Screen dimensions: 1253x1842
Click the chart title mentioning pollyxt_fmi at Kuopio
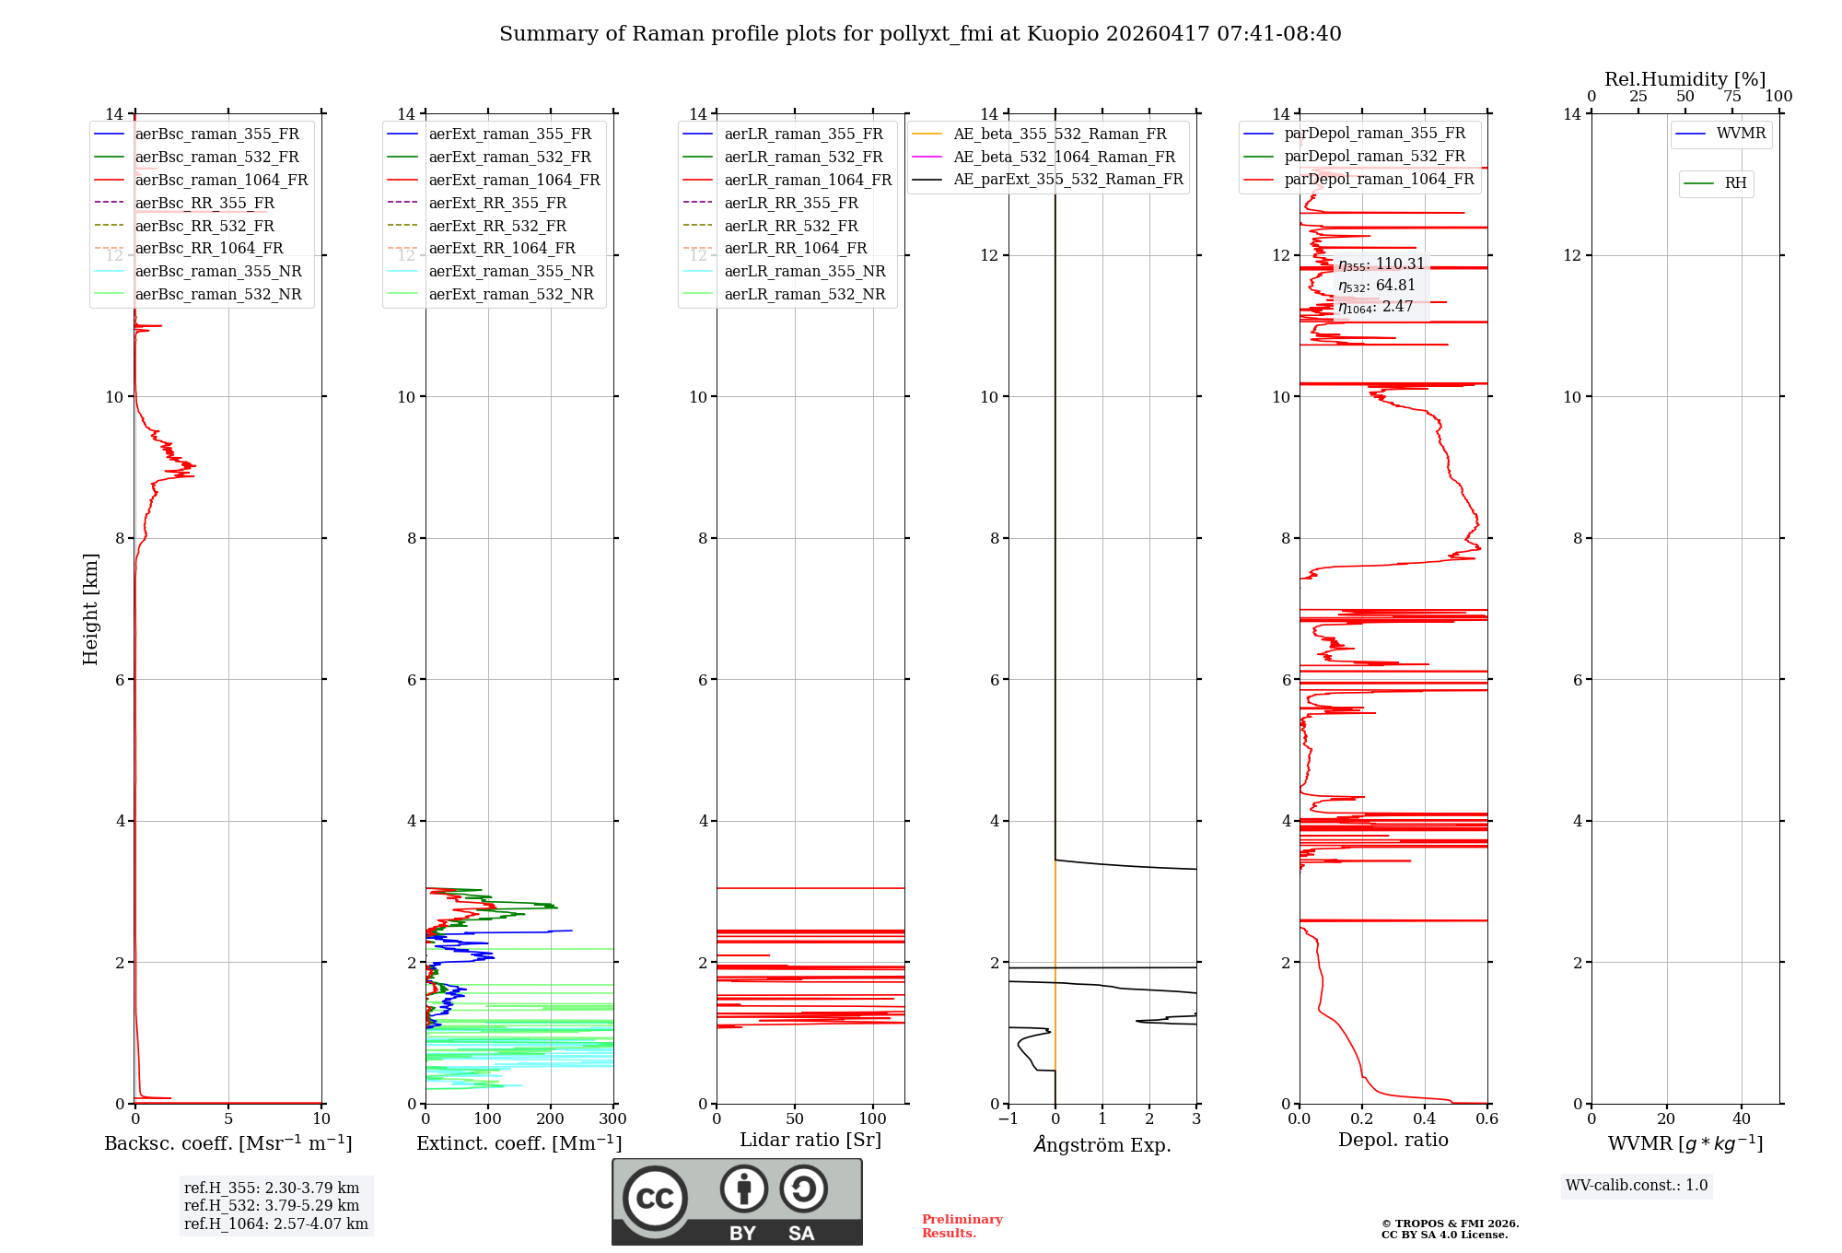pos(920,34)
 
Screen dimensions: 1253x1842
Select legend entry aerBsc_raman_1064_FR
pos(221,180)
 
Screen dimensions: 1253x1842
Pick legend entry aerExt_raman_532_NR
pos(511,294)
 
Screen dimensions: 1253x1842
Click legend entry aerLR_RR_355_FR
pos(790,203)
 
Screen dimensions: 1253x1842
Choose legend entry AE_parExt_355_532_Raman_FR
pos(1067,179)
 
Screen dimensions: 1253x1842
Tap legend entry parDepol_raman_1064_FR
pos(1379,179)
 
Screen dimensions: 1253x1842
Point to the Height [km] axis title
pos(90,609)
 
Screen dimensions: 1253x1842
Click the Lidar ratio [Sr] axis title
pos(810,1140)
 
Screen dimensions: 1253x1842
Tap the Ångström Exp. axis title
pos(1102,1144)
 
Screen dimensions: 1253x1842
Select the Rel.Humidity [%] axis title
pos(1685,79)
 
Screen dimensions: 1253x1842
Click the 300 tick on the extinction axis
pos(612,1118)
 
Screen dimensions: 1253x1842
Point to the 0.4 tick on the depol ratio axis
pos(1425,1118)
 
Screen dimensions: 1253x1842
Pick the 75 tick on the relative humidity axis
pos(1732,97)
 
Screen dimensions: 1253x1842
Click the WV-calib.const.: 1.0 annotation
pos(1637,1186)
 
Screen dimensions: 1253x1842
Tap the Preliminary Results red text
pos(962,1225)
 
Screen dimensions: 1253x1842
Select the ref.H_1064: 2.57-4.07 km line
pos(275,1224)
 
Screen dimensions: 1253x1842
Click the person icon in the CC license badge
pos(743,1189)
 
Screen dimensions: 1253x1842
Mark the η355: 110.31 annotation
pos(1381,264)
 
